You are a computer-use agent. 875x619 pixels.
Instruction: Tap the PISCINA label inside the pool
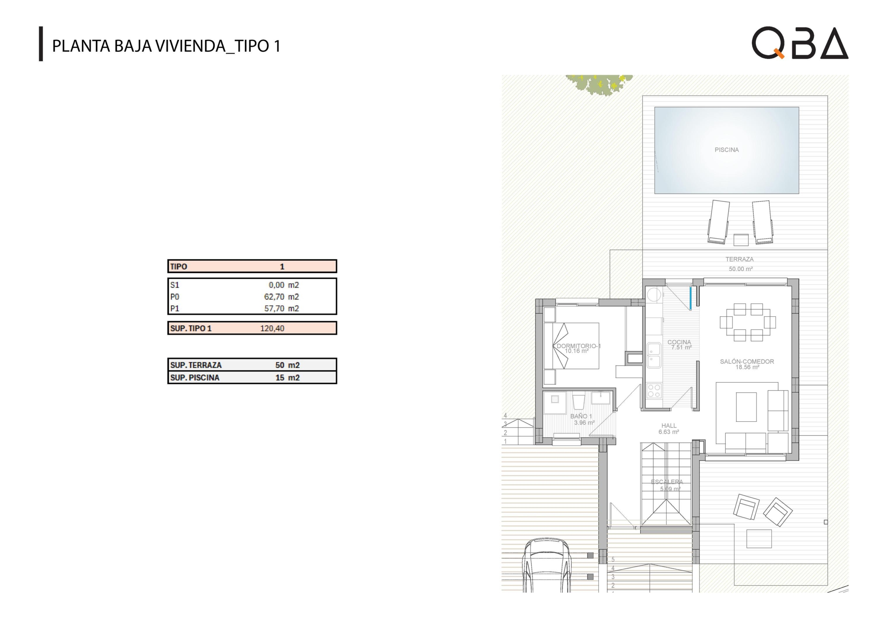[x=726, y=150]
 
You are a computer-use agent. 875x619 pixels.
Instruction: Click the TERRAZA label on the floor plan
[x=739, y=259]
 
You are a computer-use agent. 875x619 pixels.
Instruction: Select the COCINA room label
[x=679, y=342]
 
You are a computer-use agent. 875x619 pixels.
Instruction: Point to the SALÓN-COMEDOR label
[x=747, y=361]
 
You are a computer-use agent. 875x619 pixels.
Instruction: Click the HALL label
[x=669, y=426]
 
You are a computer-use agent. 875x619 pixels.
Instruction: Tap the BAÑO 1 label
[x=581, y=416]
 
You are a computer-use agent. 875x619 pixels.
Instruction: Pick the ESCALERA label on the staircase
[x=667, y=482]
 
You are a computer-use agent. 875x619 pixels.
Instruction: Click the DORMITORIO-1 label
[x=579, y=346]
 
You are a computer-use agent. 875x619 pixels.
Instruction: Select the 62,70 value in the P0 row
[x=274, y=297]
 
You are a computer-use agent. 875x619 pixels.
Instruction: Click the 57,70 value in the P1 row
[x=274, y=308]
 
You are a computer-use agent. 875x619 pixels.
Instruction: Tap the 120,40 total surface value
[x=272, y=328]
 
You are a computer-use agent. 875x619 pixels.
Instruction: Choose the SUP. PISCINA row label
[x=195, y=378]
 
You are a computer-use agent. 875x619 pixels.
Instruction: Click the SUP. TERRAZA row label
[x=196, y=365]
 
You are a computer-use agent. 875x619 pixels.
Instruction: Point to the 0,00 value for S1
[x=276, y=285]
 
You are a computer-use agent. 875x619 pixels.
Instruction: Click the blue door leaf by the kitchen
[x=690, y=298]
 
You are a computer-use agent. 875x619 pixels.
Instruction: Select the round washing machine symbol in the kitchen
[x=654, y=294]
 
